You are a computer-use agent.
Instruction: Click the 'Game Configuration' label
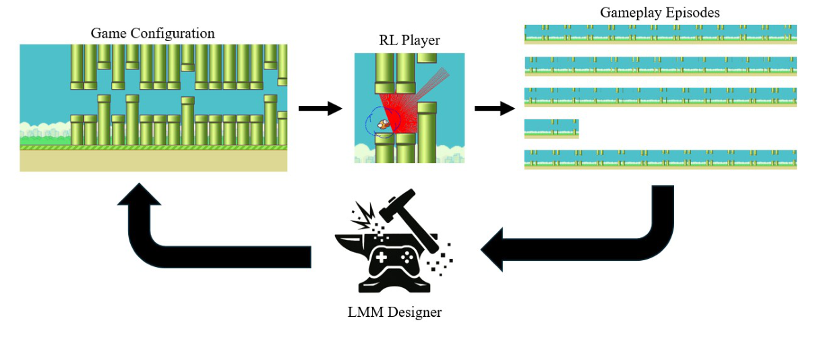152,33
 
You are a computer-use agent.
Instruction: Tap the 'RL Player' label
409,40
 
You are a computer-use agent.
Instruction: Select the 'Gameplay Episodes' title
659,13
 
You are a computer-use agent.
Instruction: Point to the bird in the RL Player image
382,123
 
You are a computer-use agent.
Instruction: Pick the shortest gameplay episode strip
551,128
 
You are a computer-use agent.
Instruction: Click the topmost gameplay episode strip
660,34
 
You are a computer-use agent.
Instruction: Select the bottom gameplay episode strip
660,159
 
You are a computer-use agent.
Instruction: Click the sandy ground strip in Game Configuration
153,160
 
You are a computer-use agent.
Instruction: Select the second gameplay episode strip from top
660,66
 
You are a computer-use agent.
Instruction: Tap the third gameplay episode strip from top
660,97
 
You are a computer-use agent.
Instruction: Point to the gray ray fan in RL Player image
431,81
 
